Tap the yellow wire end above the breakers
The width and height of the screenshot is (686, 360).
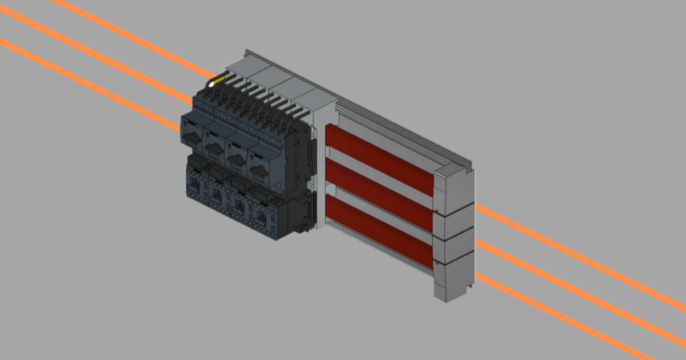tap(216, 82)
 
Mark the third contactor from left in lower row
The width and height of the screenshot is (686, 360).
tap(240, 204)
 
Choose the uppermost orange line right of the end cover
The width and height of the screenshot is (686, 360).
tap(572, 251)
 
